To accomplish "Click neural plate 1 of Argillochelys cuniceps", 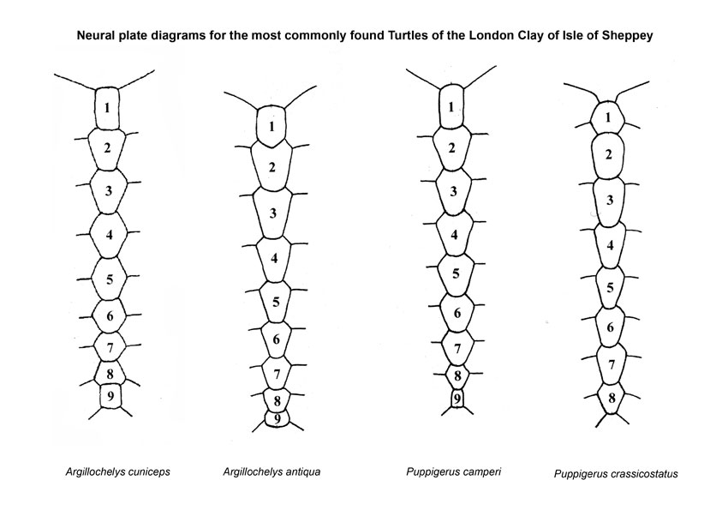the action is (107, 108).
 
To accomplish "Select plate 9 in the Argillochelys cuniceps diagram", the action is (110, 396).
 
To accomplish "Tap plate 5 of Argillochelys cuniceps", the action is (109, 279).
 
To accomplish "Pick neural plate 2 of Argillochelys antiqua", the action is (272, 166).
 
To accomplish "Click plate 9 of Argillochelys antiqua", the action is (277, 418).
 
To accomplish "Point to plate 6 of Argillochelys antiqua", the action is (277, 339).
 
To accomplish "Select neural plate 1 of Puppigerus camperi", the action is (451, 106).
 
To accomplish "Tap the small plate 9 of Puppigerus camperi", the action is (457, 399).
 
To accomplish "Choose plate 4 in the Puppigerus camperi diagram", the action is (454, 234).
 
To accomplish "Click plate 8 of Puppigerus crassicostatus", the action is (612, 398).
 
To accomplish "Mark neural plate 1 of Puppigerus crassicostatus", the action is (608, 117).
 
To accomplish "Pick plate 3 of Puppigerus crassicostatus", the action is (610, 201).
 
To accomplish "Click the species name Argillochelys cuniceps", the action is (118, 472).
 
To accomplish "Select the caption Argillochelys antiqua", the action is (272, 472).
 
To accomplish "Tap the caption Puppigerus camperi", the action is (454, 472).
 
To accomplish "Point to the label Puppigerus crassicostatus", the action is (616, 474).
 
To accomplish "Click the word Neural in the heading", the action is (94, 35).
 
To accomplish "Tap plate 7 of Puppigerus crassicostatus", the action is (612, 364).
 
